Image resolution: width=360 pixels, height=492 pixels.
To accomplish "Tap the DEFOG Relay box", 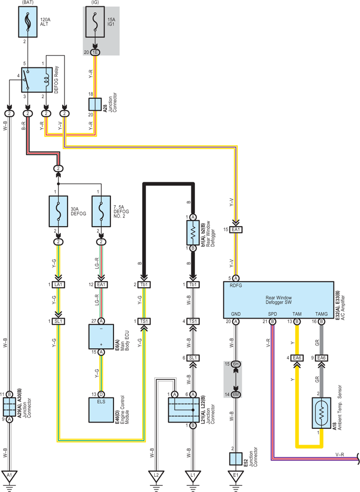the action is pos(37,80).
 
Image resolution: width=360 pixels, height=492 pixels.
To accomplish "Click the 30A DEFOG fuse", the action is pos(58,211).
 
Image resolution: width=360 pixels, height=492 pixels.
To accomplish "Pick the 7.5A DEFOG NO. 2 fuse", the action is pos(101,211).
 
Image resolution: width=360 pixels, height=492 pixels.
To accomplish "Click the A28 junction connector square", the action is pos(95,105).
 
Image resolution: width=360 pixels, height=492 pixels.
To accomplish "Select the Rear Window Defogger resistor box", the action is pos(193,233).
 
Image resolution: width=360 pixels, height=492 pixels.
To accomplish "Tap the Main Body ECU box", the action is pos(101,336).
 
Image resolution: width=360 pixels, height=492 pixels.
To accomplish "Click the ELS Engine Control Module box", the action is pos(101,410).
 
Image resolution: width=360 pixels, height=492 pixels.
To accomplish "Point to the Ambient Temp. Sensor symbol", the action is pos(321,413).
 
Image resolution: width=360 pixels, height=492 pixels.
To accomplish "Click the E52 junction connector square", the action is pos(236,459).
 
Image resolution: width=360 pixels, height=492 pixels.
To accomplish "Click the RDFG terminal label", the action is pos(236,286).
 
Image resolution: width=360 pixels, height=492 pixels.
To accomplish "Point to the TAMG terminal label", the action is pos(321,314).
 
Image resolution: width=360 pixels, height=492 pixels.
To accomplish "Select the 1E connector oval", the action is pos(95,52).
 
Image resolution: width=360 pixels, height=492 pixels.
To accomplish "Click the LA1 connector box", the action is pos(58,284).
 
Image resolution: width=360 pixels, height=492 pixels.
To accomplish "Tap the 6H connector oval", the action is pos(236,364).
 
